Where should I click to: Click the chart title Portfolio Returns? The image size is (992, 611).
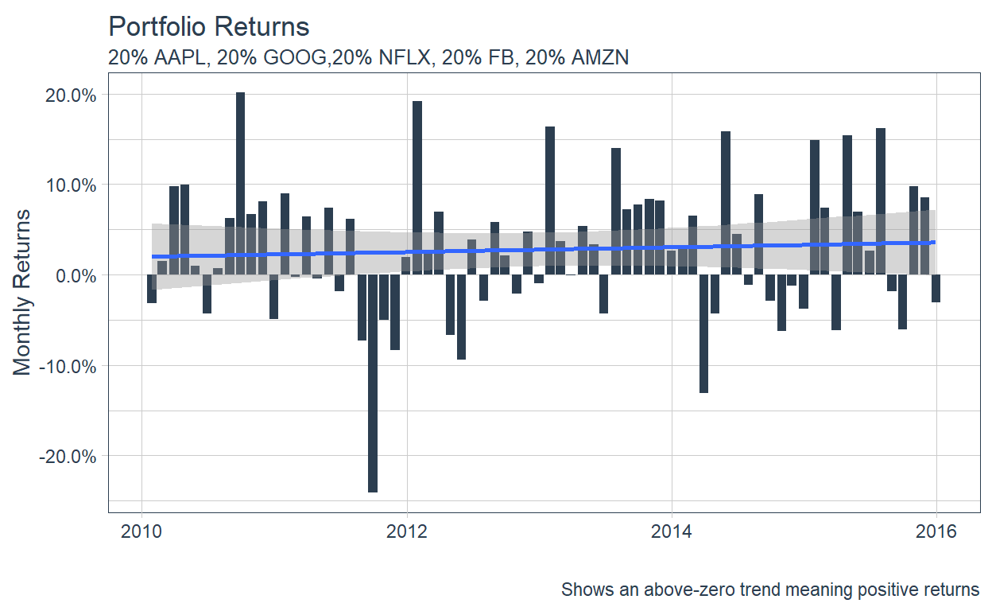[208, 26]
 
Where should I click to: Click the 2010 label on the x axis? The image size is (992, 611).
[141, 531]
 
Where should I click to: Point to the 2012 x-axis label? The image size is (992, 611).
[407, 531]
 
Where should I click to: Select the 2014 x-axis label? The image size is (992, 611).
[672, 531]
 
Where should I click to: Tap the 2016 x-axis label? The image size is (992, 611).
[936, 531]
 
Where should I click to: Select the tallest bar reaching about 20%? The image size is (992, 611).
[240, 184]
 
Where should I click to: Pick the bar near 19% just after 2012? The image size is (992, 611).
[417, 188]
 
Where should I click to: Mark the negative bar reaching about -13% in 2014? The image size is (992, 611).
[703, 333]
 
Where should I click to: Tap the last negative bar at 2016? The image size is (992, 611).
[936, 288]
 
